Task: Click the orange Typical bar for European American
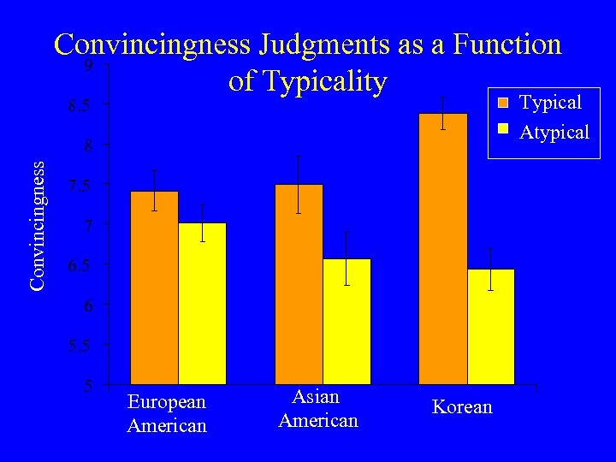tap(154, 287)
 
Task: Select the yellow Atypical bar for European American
tap(202, 303)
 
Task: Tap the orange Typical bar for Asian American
tap(299, 283)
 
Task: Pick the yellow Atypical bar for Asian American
tap(346, 321)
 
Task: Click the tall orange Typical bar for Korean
tap(443, 248)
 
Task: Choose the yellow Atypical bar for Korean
tap(491, 326)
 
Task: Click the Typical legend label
tap(551, 103)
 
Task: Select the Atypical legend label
tap(554, 132)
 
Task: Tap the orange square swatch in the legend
tap(504, 103)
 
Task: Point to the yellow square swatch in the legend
tap(504, 131)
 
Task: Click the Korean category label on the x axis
tap(462, 407)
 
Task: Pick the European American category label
tap(167, 413)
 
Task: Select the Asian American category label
tap(317, 409)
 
